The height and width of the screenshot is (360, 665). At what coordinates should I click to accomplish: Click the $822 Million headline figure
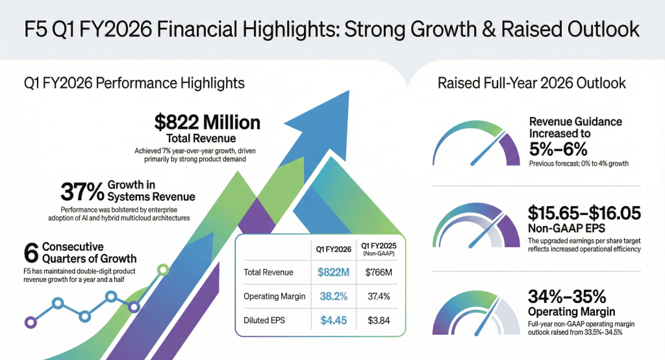(x=207, y=123)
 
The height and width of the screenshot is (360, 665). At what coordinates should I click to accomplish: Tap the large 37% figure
(x=82, y=192)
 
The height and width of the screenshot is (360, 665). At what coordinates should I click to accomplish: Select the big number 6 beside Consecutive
(x=31, y=253)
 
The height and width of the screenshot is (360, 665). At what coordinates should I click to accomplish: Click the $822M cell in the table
(x=333, y=272)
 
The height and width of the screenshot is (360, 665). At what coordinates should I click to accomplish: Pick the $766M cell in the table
(x=379, y=272)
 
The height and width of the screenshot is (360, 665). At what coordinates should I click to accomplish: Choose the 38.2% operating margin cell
(x=333, y=296)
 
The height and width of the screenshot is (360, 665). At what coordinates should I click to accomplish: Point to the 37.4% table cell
(x=379, y=296)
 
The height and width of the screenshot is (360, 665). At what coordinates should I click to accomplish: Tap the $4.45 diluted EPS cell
(x=333, y=320)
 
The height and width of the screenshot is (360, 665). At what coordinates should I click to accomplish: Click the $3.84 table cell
(x=379, y=320)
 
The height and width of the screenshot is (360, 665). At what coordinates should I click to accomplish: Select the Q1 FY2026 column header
(x=333, y=249)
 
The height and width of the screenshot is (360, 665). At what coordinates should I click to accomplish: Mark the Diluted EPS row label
(x=264, y=320)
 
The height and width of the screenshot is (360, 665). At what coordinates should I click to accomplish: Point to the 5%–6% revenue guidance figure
(x=558, y=149)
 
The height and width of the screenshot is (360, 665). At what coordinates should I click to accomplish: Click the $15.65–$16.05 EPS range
(x=584, y=213)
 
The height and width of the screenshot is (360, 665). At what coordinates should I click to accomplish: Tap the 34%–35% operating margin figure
(x=566, y=296)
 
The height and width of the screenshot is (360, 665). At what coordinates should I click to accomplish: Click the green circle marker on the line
(x=163, y=270)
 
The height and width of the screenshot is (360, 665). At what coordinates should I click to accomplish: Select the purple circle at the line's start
(x=30, y=322)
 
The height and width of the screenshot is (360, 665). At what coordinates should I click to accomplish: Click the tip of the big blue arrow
(x=349, y=90)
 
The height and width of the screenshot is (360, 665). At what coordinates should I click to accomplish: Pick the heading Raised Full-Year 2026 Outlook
(x=531, y=83)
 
